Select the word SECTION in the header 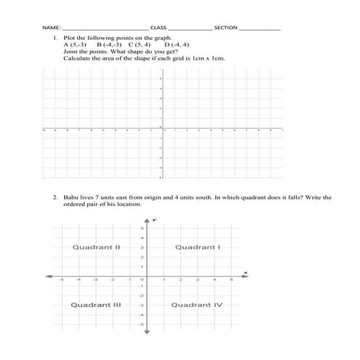(226, 28)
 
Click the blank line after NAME (102, 29)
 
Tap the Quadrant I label (197, 247)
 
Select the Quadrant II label (96, 247)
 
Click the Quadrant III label (95, 305)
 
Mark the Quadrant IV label (196, 305)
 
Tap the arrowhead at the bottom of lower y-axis (146, 333)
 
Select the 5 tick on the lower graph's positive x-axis (231, 280)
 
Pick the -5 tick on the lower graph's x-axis (62, 280)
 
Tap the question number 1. (55, 36)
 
